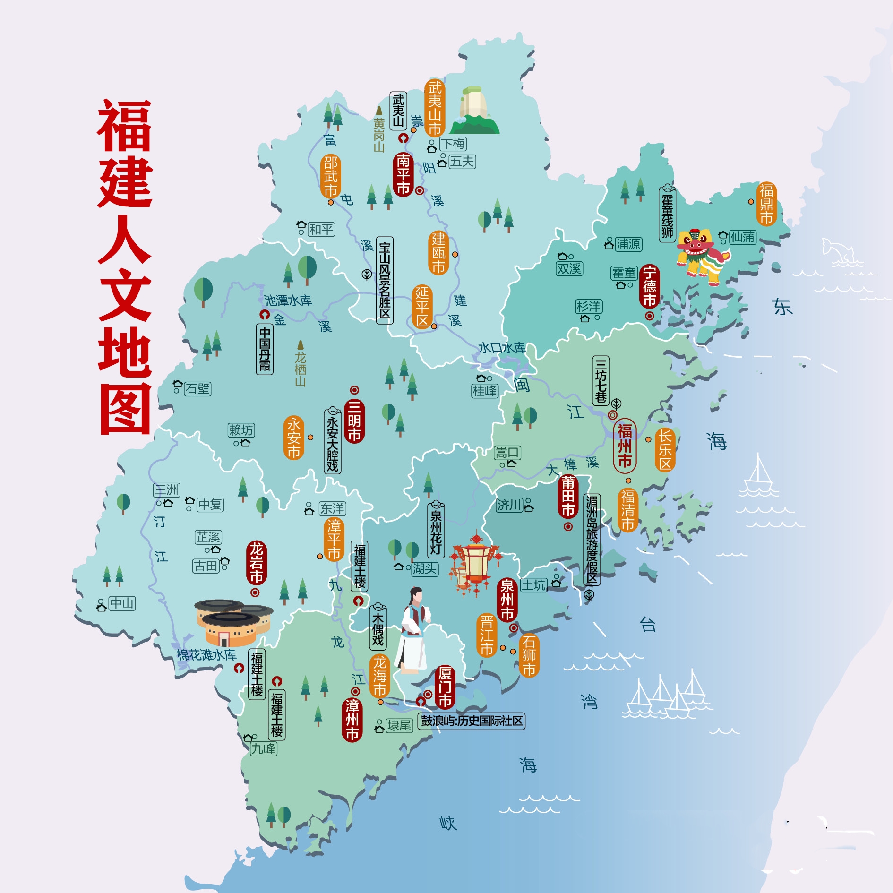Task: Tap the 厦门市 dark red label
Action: (445, 687)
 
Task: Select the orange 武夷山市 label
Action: (435, 108)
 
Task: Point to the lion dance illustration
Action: (702, 256)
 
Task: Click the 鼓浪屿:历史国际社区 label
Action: (472, 721)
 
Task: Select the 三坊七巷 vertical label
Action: (601, 380)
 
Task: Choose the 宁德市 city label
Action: (650, 286)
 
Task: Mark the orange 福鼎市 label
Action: (766, 204)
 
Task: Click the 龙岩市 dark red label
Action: (257, 563)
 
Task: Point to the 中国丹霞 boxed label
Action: (265, 349)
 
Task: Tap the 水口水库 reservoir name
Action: (502, 348)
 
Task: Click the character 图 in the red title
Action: (125, 409)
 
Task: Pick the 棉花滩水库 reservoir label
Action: (206, 655)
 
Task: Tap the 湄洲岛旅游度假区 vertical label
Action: (592, 539)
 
